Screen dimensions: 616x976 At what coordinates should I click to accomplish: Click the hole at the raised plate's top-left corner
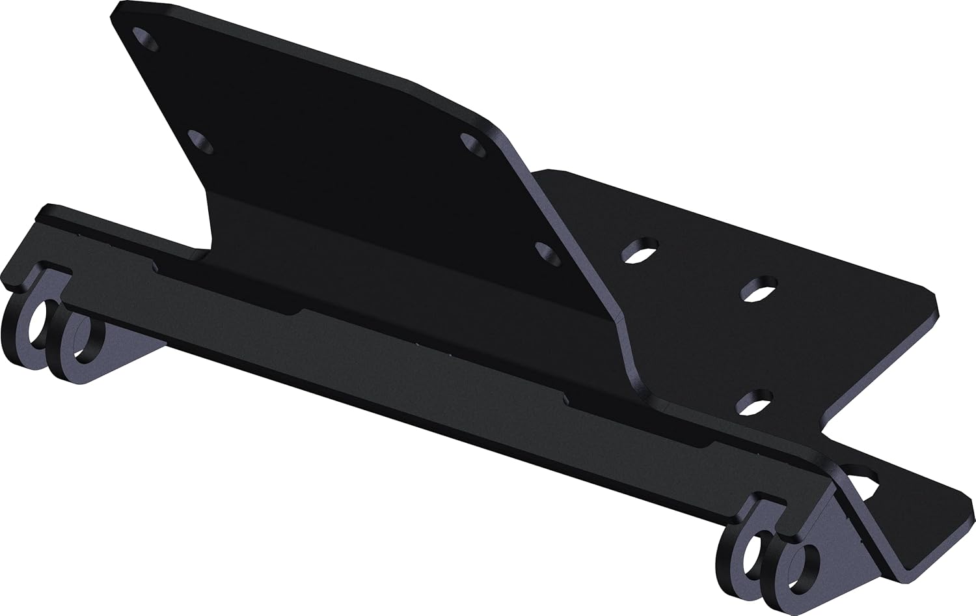coord(146,38)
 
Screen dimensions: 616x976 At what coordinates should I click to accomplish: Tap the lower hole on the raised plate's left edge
coord(200,141)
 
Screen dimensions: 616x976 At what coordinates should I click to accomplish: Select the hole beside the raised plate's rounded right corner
coord(473,145)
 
